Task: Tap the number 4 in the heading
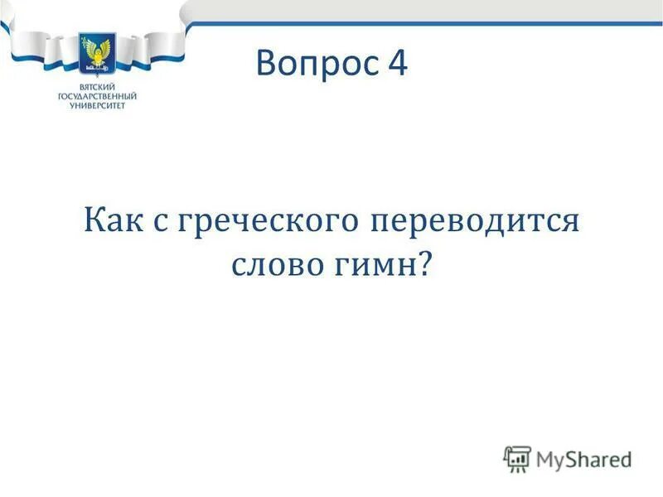pos(395,64)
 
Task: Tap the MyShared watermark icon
pos(517,457)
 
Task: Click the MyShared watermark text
pos(584,458)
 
